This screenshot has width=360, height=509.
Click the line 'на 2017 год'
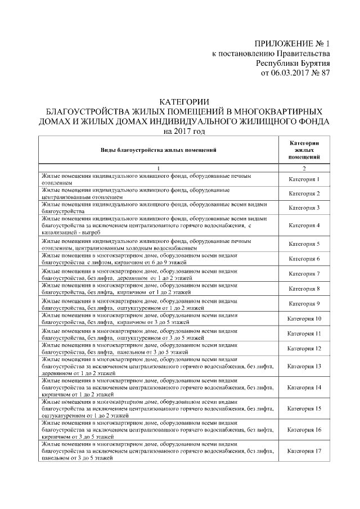coord(184,132)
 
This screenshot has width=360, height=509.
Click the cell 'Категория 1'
coord(304,180)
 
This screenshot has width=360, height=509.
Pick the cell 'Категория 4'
coord(304,226)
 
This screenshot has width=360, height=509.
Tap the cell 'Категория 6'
coord(304,259)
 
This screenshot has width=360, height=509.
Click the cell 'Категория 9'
coord(304,304)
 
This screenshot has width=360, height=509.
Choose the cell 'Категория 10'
coord(304,319)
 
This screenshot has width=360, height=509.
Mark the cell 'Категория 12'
coord(304,349)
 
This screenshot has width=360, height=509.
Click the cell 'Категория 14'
coord(304,388)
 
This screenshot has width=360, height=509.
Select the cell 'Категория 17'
coord(304,451)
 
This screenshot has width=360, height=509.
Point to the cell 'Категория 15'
coord(304,409)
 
